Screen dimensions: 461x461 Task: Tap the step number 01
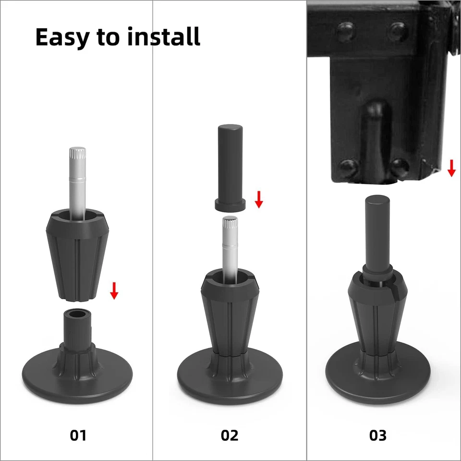[x=78, y=435]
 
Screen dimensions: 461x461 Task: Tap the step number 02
[x=230, y=435]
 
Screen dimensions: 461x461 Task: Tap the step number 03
[x=378, y=435]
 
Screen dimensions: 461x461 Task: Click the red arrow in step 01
[x=114, y=291]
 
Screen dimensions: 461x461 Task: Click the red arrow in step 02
[x=259, y=199]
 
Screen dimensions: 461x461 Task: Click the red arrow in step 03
[x=451, y=168]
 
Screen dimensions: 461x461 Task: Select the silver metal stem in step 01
[x=77, y=178]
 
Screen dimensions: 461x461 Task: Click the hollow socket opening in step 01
[x=78, y=315]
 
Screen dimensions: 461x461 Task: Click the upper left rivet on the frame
[x=344, y=31]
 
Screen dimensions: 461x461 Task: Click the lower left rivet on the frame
[x=347, y=168]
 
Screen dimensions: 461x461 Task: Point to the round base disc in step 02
[x=230, y=384]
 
